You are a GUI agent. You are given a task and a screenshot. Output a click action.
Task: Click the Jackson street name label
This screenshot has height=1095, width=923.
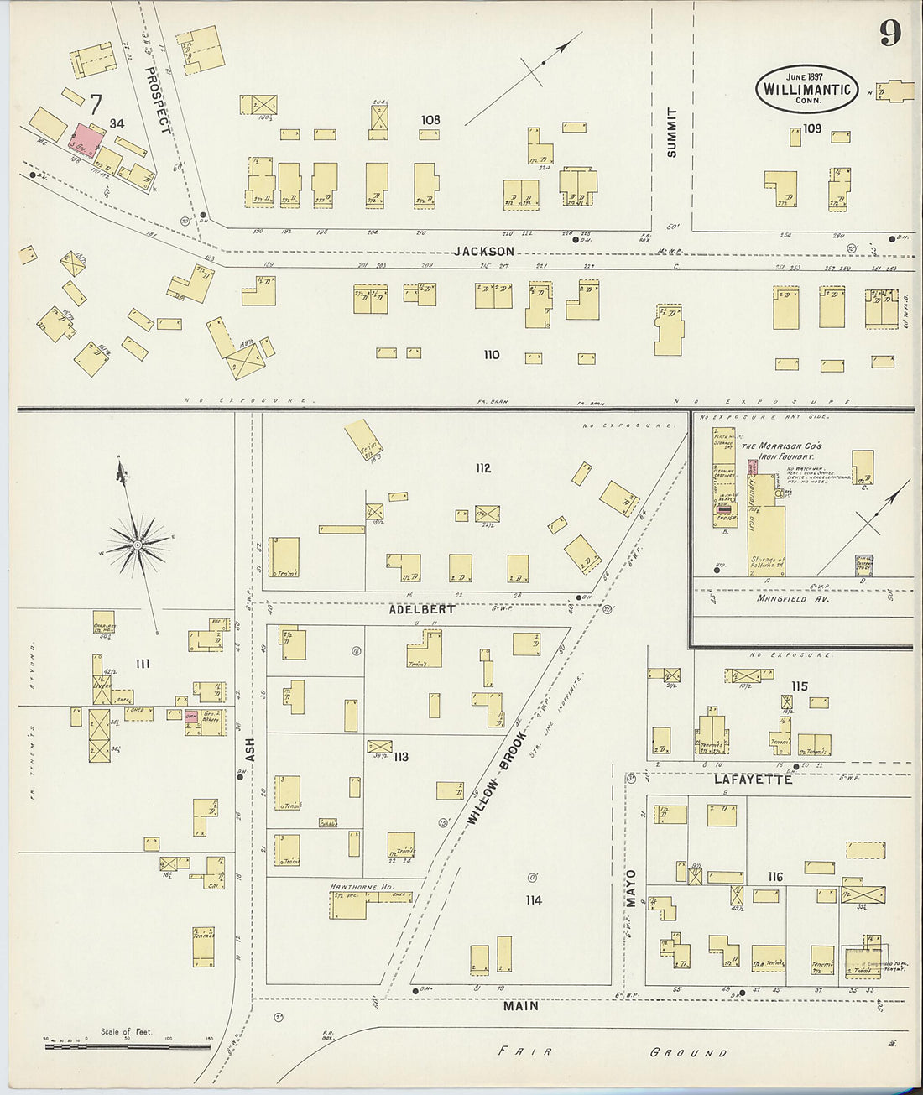click(484, 251)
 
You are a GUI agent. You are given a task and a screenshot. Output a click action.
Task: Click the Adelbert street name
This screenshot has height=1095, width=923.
click(422, 609)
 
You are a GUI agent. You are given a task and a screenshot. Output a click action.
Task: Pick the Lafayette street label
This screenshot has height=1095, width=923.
click(753, 780)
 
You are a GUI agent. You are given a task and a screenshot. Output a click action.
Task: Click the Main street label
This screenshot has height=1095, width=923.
click(521, 1005)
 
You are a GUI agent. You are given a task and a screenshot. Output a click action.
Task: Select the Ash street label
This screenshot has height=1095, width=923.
click(249, 749)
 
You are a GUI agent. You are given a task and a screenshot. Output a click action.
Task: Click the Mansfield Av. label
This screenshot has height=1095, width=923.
click(793, 599)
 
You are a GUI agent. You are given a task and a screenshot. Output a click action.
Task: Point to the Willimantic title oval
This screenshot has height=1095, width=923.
click(806, 89)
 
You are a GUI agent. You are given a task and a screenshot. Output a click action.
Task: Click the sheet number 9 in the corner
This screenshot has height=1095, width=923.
click(889, 33)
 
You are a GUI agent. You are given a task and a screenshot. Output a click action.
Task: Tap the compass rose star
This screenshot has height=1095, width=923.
click(138, 545)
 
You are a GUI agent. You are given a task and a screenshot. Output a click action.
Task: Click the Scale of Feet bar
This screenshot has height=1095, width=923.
click(127, 1045)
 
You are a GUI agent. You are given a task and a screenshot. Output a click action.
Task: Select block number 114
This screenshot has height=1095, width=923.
click(533, 900)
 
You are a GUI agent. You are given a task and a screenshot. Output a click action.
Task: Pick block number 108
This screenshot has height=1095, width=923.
click(430, 120)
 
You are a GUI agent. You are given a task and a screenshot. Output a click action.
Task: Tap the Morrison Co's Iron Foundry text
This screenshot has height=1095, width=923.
click(781, 451)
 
